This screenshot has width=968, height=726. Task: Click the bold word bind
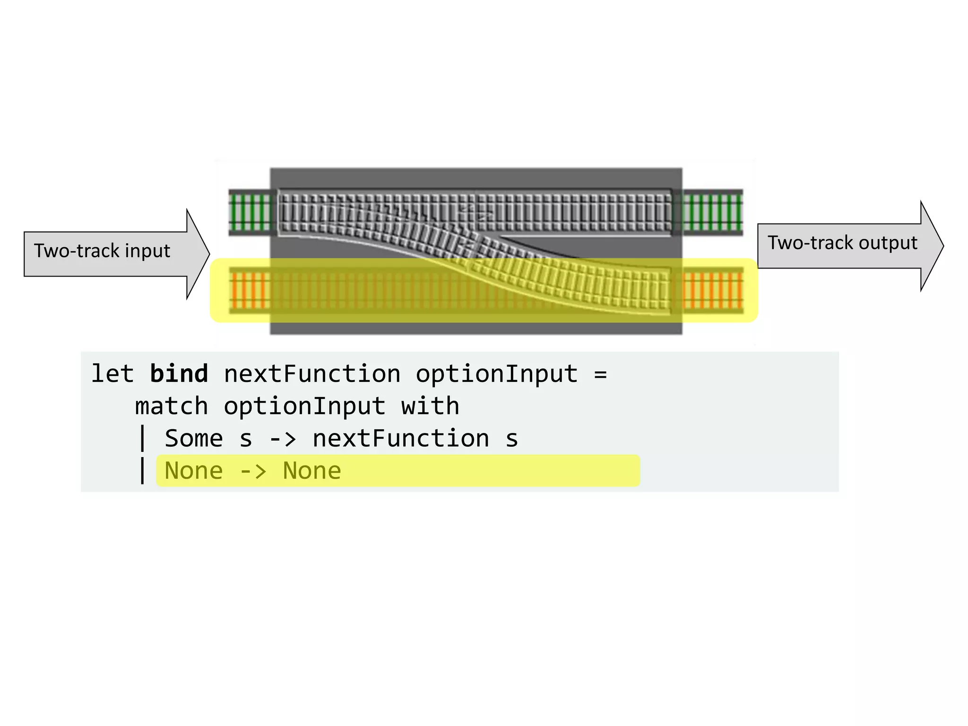point(179,374)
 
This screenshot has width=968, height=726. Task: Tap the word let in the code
point(112,374)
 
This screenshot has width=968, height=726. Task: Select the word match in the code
point(171,406)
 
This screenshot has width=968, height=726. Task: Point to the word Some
point(193,439)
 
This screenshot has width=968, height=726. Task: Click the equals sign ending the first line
point(600,375)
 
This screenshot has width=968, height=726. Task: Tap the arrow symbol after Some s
point(282,439)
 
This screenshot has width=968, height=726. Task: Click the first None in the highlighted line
point(193,471)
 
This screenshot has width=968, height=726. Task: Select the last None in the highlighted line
point(312,471)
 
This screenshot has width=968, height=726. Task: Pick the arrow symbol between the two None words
point(253,471)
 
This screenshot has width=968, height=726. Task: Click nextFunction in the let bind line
point(312,374)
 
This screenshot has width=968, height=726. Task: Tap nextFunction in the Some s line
point(401,439)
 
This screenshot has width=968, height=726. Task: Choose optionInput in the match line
point(304,406)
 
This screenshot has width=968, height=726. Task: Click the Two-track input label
point(102,251)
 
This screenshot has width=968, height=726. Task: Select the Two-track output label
point(842,243)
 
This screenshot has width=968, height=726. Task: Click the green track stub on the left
point(250,212)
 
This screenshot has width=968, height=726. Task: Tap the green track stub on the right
point(712,212)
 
